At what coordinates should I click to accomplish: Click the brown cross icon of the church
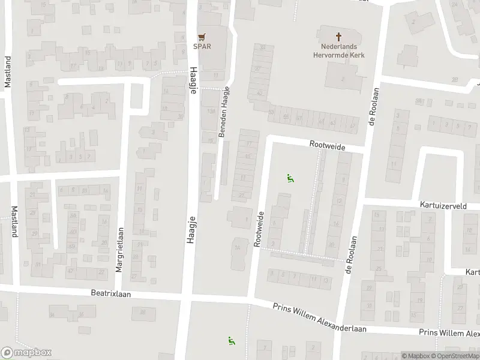point(339,36)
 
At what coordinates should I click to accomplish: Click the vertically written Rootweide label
point(259,229)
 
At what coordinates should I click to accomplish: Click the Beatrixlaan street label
point(111,294)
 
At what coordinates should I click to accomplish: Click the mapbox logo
point(26,353)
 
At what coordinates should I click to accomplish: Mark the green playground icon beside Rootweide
point(290,178)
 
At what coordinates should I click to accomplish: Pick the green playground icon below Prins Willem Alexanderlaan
point(231,341)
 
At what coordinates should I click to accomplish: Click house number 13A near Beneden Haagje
point(210,112)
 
